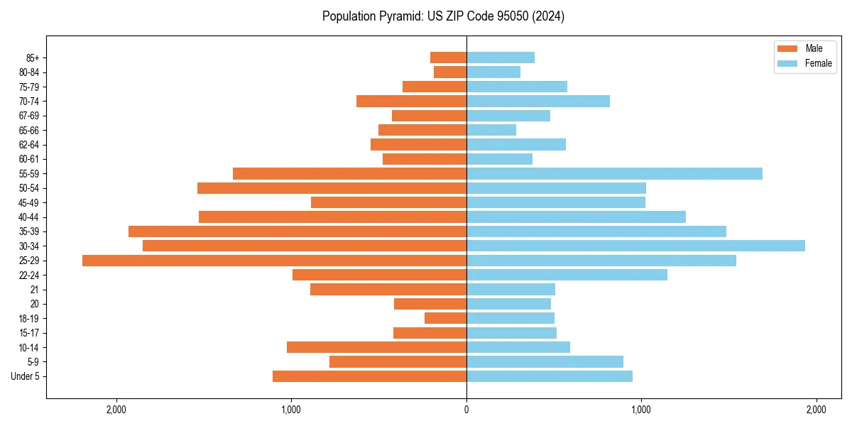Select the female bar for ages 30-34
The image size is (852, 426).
click(x=635, y=246)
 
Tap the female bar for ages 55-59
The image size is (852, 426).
click(x=614, y=173)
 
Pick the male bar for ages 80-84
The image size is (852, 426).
click(x=450, y=72)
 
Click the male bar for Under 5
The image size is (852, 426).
click(x=369, y=376)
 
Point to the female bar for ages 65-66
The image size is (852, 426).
click(x=491, y=130)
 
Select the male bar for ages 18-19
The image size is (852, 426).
click(x=445, y=318)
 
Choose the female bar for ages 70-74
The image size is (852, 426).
click(x=538, y=101)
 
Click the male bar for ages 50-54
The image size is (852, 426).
click(x=332, y=188)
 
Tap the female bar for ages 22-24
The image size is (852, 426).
click(x=567, y=275)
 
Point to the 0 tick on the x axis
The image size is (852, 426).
click(x=466, y=410)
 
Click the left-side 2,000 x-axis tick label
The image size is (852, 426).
click(x=116, y=410)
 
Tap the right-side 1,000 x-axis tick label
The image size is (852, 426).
click(x=641, y=410)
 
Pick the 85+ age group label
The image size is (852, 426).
click(x=32, y=58)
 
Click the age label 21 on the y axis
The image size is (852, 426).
click(x=35, y=290)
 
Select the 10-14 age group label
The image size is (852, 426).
click(x=30, y=347)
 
